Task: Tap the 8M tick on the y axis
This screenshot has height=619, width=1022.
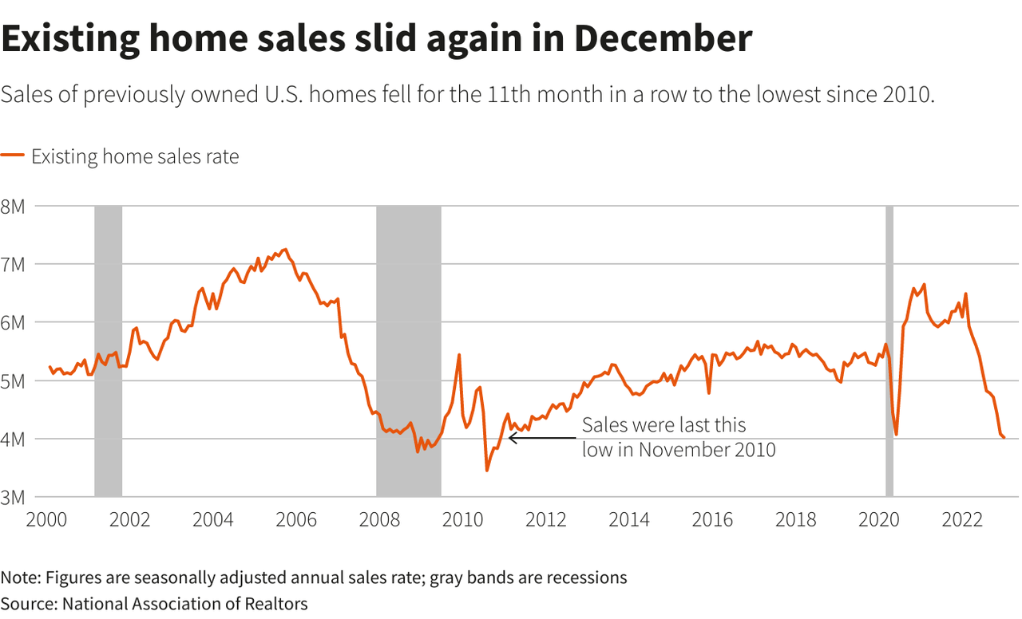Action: pyautogui.click(x=14, y=206)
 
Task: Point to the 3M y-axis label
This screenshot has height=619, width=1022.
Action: pyautogui.click(x=14, y=497)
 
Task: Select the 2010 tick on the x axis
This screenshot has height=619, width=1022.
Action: pyautogui.click(x=462, y=520)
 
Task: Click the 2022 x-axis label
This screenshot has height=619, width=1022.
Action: pyautogui.click(x=962, y=520)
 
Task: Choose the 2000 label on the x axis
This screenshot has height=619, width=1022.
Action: pyautogui.click(x=46, y=520)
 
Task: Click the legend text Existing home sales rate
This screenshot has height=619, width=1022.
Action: pyautogui.click(x=135, y=156)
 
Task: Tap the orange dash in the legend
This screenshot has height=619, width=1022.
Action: pyautogui.click(x=13, y=156)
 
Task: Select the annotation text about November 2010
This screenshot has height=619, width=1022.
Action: pyautogui.click(x=679, y=437)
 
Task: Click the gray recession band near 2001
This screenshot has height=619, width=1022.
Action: pyautogui.click(x=108, y=351)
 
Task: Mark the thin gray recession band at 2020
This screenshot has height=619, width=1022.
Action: pyautogui.click(x=889, y=351)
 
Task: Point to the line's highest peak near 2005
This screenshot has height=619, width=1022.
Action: pyautogui.click(x=285, y=249)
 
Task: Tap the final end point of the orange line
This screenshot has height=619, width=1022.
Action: pyautogui.click(x=1004, y=437)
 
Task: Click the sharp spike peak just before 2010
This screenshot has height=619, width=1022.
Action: pyautogui.click(x=459, y=354)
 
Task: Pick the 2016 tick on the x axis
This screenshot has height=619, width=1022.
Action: pyautogui.click(x=712, y=520)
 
